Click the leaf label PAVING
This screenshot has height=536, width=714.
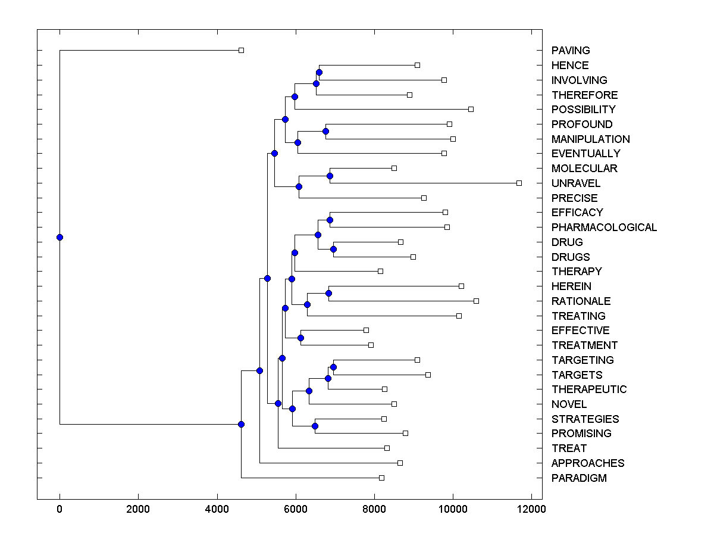click(x=571, y=51)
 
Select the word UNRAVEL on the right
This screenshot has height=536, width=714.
click(x=575, y=183)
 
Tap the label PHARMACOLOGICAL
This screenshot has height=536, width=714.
click(x=604, y=228)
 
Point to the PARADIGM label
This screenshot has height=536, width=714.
click(x=579, y=478)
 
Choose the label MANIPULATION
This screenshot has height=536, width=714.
click(x=590, y=139)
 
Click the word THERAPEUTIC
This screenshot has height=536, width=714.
click(x=589, y=389)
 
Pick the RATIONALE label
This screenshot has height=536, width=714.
click(x=581, y=301)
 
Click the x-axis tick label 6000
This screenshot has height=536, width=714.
click(x=295, y=509)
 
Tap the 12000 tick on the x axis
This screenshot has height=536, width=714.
click(x=531, y=509)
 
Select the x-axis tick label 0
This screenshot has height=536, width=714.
click(x=59, y=509)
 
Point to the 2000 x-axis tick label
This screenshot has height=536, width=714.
click(x=138, y=509)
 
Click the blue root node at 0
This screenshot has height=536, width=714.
click(x=59, y=237)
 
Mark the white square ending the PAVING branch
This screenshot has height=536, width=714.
click(x=241, y=51)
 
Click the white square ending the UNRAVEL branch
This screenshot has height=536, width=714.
click(x=519, y=183)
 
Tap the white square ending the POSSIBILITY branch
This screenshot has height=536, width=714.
click(x=471, y=109)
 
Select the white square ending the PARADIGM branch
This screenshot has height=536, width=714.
click(x=381, y=478)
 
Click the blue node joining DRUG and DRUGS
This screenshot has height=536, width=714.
click(x=333, y=249)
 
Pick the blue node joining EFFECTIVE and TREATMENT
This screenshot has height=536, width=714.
click(x=300, y=338)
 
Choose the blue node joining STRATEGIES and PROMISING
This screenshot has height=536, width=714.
click(x=315, y=426)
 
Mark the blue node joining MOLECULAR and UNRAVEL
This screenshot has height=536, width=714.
click(x=330, y=176)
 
